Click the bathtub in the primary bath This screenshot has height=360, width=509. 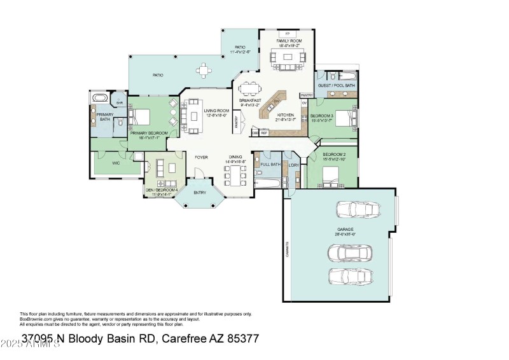click(101, 99)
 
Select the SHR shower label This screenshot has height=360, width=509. click(119, 102)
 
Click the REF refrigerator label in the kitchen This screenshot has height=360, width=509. click(263, 133)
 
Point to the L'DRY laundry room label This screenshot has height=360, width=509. click(293, 165)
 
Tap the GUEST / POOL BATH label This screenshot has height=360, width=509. click(337, 85)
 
